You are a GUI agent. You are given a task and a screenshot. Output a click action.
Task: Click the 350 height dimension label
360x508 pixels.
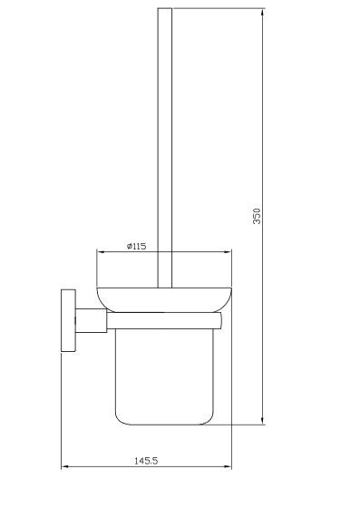click(x=257, y=216)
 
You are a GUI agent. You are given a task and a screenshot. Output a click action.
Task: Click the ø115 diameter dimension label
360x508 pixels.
click(x=136, y=246)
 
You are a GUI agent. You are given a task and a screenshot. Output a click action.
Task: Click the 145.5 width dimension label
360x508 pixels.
click(x=146, y=461)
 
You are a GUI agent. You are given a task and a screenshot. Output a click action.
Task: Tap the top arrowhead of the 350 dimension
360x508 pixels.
click(x=263, y=12)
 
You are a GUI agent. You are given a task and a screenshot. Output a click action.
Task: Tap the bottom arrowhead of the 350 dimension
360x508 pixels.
click(x=263, y=421)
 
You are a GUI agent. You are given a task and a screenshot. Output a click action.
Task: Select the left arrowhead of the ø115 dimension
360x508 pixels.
click(x=101, y=251)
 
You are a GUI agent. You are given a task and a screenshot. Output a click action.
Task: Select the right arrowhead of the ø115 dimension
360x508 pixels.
click(x=228, y=251)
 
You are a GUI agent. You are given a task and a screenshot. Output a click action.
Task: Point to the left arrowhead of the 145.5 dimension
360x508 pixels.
click(x=65, y=467)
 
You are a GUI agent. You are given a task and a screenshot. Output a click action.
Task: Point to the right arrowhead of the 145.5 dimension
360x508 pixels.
click(x=228, y=467)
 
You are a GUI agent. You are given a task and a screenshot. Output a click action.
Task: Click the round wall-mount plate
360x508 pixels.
click(x=68, y=320)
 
